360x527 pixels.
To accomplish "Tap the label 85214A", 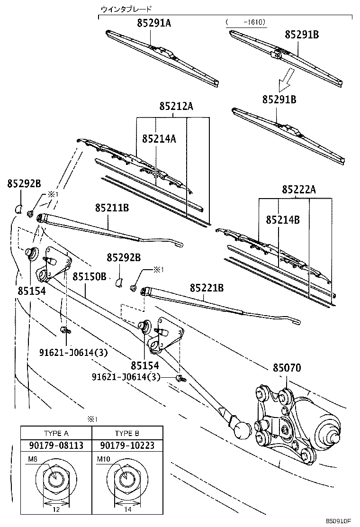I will pyautogui.click(x=159, y=138).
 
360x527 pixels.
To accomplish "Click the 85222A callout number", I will pyautogui.click(x=298, y=190).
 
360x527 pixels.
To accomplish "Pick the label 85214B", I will pyautogui.click(x=283, y=220).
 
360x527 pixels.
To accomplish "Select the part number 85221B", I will pyautogui.click(x=207, y=288).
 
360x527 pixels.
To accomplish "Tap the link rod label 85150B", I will pyautogui.click(x=90, y=276).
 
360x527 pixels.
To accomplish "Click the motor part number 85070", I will pyautogui.click(x=287, y=368).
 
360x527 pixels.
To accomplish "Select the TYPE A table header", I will pyautogui.click(x=56, y=433).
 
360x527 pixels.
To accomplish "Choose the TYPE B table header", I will pyautogui.click(x=127, y=433).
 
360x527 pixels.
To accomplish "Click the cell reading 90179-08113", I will pyautogui.click(x=56, y=446).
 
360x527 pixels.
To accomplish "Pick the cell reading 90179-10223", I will pyautogui.click(x=127, y=446).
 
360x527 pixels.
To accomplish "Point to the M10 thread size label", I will pyautogui.click(x=103, y=459).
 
